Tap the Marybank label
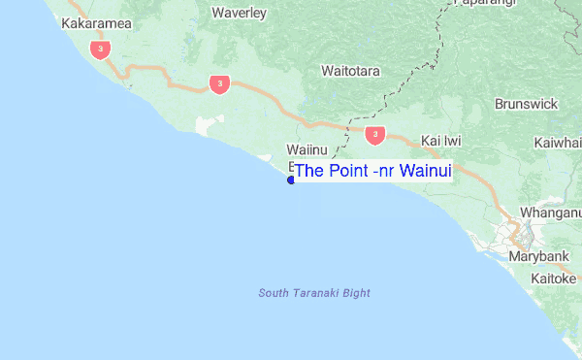click(x=535, y=257)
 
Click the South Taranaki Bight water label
click(x=314, y=293)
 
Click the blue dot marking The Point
click(x=291, y=180)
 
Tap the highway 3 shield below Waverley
click(x=219, y=84)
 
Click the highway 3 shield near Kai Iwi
click(x=375, y=135)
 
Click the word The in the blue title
click(x=309, y=172)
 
